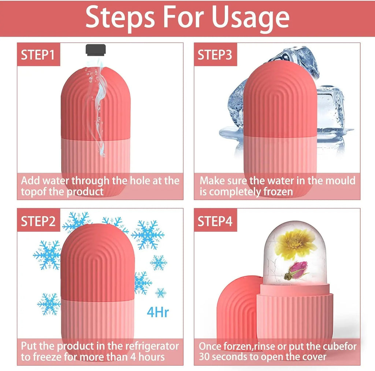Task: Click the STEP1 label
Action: [x=38, y=55]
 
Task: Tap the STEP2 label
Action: [x=38, y=221]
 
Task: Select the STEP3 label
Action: [x=215, y=55]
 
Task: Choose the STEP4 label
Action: [x=215, y=221]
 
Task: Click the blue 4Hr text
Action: [x=157, y=312]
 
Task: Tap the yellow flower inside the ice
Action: [x=295, y=244]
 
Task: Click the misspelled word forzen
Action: [x=235, y=346]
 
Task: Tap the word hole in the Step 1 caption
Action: [x=138, y=181]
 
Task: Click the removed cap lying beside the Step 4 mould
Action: [x=234, y=312]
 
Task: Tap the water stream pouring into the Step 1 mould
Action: [x=97, y=110]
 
